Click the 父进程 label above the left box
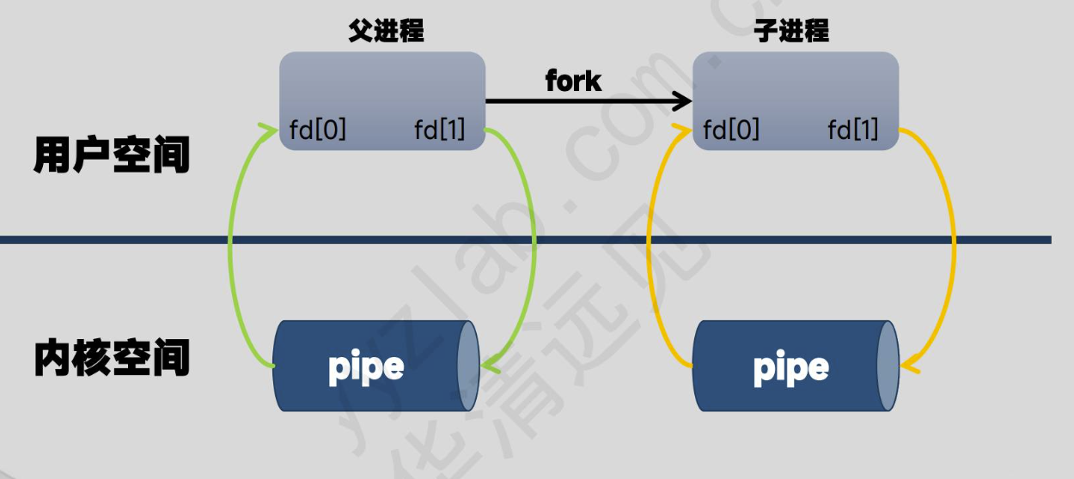[x=386, y=32]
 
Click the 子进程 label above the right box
[x=790, y=32]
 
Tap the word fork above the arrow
[x=573, y=81]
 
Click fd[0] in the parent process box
[x=318, y=130]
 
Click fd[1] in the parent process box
[x=439, y=130]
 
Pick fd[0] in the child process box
[x=731, y=130]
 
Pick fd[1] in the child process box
[x=852, y=130]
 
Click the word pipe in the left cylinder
[x=366, y=367]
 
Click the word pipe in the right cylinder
[x=790, y=367]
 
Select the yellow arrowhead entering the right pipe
[x=909, y=367]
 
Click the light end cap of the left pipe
[x=468, y=366]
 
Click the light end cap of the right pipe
[x=888, y=366]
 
